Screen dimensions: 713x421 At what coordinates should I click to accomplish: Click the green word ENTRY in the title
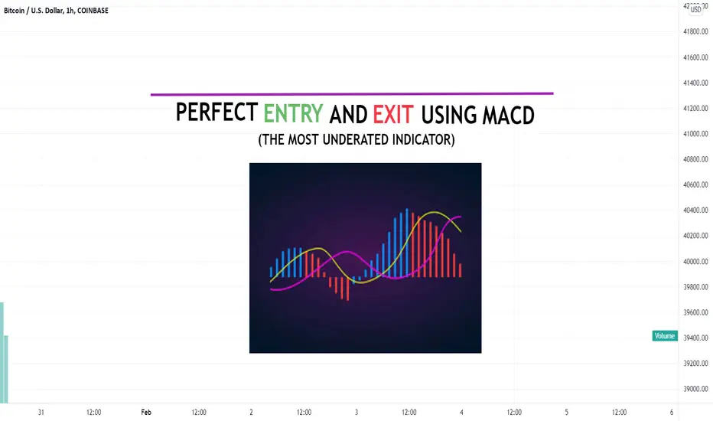pos(293,113)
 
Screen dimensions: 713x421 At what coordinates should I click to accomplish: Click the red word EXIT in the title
pos(393,114)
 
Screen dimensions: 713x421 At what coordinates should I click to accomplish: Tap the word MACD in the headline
pos(509,115)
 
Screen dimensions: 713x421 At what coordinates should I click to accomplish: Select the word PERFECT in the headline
pos(217,112)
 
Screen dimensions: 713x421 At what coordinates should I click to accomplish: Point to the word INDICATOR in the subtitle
pos(424,140)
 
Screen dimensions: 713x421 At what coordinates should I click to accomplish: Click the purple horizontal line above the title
pos(352,93)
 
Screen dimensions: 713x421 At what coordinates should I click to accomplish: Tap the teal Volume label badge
pos(665,336)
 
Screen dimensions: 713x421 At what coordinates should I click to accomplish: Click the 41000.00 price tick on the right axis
pos(695,134)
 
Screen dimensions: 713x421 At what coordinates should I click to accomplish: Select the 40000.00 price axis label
pos(695,261)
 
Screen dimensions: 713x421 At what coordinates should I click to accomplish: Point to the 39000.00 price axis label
pos(695,389)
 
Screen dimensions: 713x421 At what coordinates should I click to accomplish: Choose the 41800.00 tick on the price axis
pos(695,31)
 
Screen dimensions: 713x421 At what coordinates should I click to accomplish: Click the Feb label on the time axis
pos(146,413)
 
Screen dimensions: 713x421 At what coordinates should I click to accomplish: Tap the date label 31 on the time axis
pos(41,413)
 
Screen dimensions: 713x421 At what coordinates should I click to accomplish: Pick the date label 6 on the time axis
pos(672,413)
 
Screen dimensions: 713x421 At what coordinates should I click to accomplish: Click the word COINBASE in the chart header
pos(93,11)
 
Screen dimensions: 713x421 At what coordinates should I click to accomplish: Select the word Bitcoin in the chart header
pos(14,11)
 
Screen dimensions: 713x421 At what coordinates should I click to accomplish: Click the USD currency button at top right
pos(695,9)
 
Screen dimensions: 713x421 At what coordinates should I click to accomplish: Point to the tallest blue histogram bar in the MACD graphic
pos(407,243)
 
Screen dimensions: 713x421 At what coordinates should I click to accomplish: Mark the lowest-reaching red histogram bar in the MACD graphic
pos(348,289)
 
